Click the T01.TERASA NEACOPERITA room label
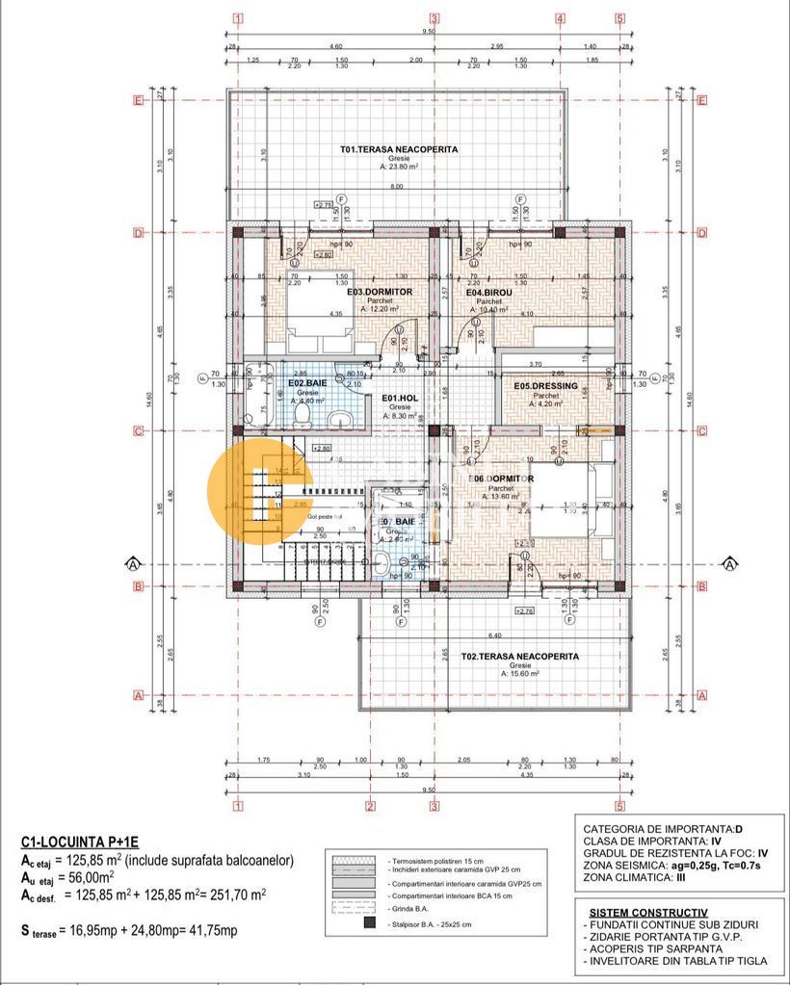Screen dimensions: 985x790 coord(398,149)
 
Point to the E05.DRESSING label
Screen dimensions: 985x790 coord(545,386)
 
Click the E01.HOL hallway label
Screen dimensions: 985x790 coord(399,398)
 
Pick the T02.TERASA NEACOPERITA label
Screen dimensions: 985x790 coord(519,656)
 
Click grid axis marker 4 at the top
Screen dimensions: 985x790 coord(559,17)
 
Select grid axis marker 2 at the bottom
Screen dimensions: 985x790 coord(369,806)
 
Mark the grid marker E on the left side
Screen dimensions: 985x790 coord(138,99)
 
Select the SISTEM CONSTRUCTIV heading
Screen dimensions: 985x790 coord(647,912)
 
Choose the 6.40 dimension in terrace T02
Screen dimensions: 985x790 coord(495,635)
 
